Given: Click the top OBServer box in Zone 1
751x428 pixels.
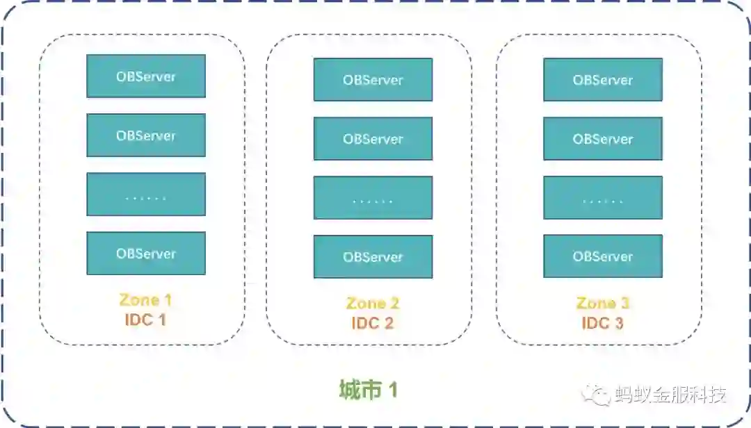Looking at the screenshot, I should tap(146, 76).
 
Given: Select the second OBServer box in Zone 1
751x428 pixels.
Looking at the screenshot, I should tap(146, 135).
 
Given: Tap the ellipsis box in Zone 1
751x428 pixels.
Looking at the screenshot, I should tap(146, 195).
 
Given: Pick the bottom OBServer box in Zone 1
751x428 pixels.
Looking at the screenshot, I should tap(146, 254).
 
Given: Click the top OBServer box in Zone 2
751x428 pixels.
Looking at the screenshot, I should tap(373, 80).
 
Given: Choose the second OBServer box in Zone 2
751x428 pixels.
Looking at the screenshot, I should tap(373, 139).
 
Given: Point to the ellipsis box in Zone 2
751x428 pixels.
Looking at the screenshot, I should tap(373, 198).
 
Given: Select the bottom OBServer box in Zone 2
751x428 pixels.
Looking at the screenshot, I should tap(373, 257).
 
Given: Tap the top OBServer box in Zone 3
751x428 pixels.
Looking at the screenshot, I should tap(603, 80).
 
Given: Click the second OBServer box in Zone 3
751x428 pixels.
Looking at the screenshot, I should tap(603, 139).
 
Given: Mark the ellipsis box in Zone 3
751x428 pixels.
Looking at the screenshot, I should tap(603, 198).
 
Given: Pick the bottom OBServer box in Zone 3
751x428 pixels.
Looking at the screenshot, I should tap(603, 256).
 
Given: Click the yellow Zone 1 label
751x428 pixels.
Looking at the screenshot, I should tap(145, 300).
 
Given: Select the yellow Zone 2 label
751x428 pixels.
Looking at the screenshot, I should tap(373, 304).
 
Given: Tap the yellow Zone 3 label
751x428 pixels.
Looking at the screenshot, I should tap(602, 304).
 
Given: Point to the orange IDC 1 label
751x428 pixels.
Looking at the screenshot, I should tap(145, 320).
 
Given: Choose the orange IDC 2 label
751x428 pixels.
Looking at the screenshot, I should tap(373, 323).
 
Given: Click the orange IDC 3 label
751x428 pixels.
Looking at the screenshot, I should tap(602, 323).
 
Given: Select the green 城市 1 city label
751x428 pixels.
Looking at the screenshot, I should tap(369, 390).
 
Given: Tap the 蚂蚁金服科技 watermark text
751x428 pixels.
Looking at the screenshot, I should tap(671, 395).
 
